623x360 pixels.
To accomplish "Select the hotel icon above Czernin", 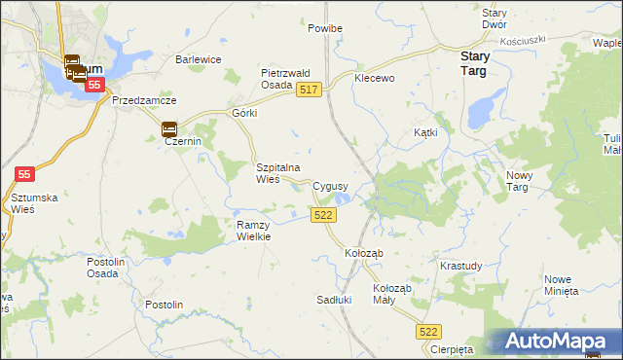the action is pos(168,127).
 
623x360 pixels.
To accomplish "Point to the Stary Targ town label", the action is pos(474,64).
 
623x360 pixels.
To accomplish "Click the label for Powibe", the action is pos(325,28).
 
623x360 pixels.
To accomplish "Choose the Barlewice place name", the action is pos(199,59).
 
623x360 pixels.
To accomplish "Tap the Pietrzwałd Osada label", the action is pos(284,78).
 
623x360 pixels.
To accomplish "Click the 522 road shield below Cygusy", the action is pos(325,215).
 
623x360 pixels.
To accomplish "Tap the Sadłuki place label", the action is pos(334,300).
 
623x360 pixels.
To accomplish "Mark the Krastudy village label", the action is pos(460,266).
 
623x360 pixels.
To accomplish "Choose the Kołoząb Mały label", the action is pos(393,294).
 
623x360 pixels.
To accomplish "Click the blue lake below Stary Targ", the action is pos(480,112).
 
